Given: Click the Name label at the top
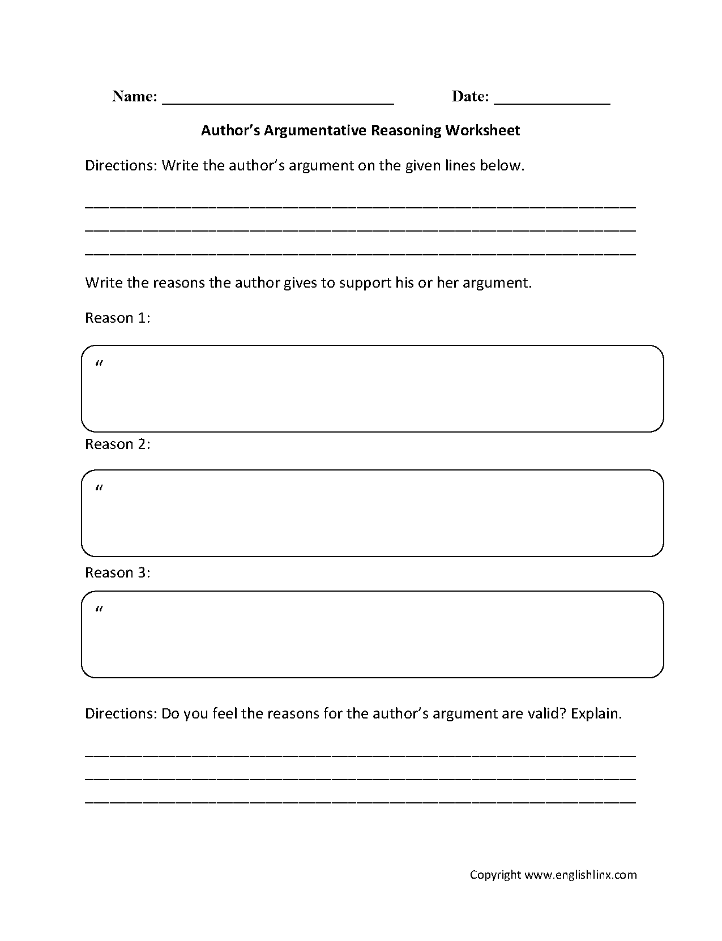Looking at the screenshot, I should click(134, 97).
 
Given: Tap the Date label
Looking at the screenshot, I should click(469, 97).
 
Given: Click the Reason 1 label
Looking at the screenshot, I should click(117, 318).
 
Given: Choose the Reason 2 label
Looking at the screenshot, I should click(117, 444).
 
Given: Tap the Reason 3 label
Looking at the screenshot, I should click(117, 573).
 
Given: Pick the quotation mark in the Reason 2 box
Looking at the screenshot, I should click(100, 489).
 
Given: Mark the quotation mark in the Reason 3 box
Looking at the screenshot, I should click(100, 610).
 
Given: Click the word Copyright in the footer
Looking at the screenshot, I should click(495, 875).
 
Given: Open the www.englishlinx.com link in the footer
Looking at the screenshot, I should click(580, 875).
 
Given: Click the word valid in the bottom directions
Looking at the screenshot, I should click(545, 714).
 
